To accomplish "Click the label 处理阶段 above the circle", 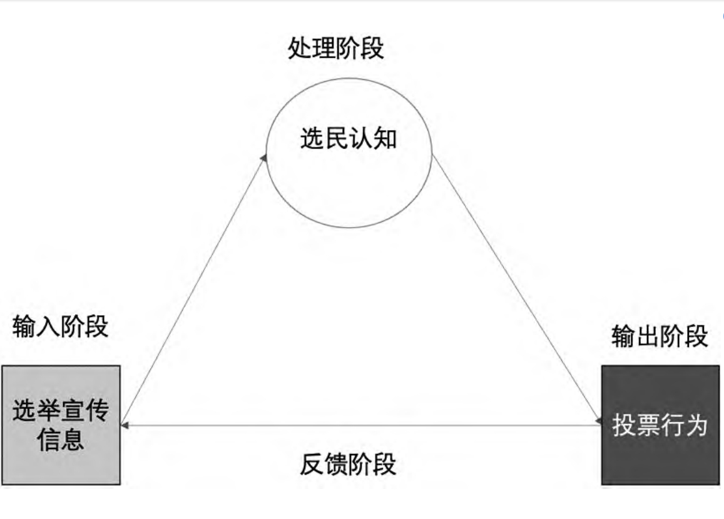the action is tap(335, 48).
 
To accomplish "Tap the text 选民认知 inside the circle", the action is tap(349, 138).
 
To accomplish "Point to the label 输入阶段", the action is tap(61, 326).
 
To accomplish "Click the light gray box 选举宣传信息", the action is tap(61, 425).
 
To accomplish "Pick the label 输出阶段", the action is tap(660, 336).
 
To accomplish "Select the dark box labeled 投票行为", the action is tap(660, 425).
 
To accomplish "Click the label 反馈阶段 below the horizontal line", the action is tap(348, 464).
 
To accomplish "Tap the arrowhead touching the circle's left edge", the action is tap(264, 158).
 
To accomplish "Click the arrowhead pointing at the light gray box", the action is tap(125, 425).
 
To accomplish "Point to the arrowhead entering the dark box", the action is tap(598, 421).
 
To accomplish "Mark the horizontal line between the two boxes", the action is tap(361, 425).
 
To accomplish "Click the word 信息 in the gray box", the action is tap(61, 440).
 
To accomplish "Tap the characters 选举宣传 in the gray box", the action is tap(61, 410).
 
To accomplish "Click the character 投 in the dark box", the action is tap(623, 425).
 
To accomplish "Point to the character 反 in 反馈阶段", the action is tap(312, 464).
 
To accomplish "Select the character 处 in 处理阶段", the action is tap(300, 48).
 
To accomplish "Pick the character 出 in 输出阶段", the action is tap(648, 336).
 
